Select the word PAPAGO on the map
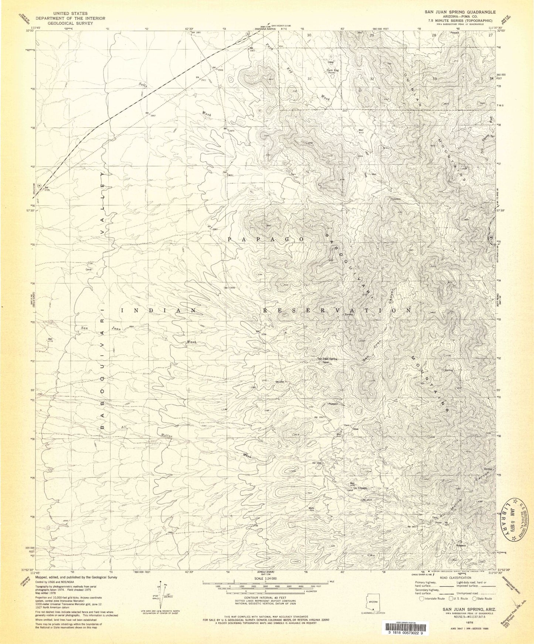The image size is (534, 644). click(266, 239)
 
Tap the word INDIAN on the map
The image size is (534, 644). click(159, 311)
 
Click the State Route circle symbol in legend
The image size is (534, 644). click(476, 599)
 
